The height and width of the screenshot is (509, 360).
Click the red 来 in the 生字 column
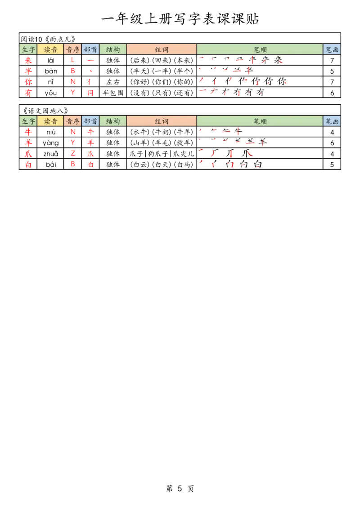point(28,60)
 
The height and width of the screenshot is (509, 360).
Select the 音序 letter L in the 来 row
point(72,60)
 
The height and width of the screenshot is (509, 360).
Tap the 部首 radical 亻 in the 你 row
point(90,82)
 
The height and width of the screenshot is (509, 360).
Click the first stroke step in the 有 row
point(202,92)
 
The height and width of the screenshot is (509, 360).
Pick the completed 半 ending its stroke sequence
point(249,71)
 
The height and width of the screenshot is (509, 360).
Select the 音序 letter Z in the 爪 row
point(72,154)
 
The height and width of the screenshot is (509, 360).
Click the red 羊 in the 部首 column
point(90,143)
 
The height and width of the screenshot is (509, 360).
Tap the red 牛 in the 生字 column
point(28,132)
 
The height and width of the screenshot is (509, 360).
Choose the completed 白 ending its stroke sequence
point(257,164)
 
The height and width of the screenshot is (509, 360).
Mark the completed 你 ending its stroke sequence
point(282,82)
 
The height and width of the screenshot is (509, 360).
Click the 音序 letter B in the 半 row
point(72,71)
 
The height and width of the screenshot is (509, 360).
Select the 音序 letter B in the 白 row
point(72,165)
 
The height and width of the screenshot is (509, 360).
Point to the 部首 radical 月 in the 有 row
point(90,93)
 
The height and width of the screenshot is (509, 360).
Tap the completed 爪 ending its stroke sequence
point(248,154)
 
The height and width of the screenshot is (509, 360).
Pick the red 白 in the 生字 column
point(28,165)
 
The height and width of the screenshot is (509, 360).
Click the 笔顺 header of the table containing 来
point(260,49)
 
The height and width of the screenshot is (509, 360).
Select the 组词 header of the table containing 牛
point(161,121)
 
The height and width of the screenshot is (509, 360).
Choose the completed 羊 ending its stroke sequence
point(263,143)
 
